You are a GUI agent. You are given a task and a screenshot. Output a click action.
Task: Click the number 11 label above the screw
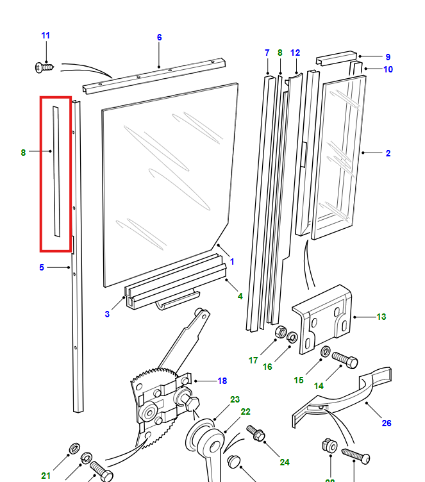46,35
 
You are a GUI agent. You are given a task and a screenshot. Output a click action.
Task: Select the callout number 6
160,37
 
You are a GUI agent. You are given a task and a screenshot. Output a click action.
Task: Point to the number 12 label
295,53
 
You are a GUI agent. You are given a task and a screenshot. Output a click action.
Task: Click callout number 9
388,57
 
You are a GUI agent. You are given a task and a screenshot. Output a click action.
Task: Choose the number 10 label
388,69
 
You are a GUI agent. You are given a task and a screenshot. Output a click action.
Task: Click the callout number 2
388,153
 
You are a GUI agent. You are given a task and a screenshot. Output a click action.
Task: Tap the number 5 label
42,267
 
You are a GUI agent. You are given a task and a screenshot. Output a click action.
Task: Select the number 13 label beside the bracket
381,317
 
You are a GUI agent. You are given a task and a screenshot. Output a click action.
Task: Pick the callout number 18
222,381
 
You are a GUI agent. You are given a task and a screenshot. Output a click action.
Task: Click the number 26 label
386,423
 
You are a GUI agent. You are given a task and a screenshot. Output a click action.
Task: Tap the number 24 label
285,461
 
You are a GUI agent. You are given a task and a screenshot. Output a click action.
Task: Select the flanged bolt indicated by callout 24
256,434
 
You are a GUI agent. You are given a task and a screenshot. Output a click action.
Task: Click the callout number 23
235,399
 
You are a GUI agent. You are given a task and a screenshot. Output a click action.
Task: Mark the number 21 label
46,476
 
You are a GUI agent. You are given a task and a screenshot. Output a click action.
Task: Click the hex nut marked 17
279,333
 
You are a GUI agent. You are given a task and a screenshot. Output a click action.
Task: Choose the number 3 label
107,314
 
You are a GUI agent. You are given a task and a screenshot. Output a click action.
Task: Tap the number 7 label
267,53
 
